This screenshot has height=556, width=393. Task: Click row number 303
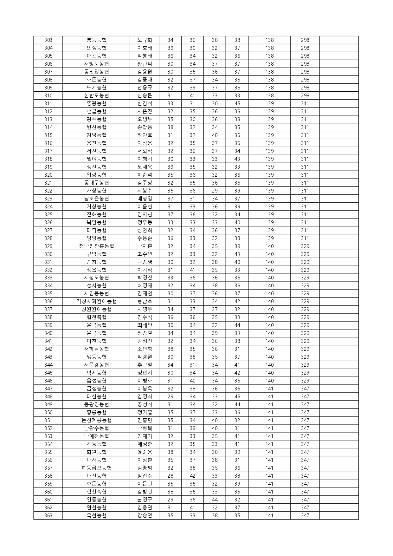click(48, 40)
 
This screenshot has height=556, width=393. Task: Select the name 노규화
click(145, 40)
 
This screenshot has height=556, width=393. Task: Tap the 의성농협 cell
click(96, 48)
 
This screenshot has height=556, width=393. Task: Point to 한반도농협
click(96, 95)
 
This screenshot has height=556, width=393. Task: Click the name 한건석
click(145, 103)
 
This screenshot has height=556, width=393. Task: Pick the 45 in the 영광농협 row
click(237, 103)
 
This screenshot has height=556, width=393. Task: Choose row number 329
click(48, 246)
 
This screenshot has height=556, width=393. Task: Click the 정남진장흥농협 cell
click(96, 246)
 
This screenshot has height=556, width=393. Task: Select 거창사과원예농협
click(96, 301)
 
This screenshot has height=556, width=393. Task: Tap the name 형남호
click(145, 301)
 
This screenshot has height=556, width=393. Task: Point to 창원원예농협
click(96, 309)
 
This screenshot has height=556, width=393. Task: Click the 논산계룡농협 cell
click(96, 420)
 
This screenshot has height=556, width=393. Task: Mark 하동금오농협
click(96, 468)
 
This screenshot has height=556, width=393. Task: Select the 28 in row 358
click(170, 476)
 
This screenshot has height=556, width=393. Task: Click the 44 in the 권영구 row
click(215, 500)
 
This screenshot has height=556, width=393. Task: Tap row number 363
click(48, 515)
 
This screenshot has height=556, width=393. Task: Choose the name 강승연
click(145, 515)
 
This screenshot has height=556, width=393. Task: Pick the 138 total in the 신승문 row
click(269, 95)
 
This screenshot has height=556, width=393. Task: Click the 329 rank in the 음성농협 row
click(305, 381)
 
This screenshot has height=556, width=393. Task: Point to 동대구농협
click(96, 183)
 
